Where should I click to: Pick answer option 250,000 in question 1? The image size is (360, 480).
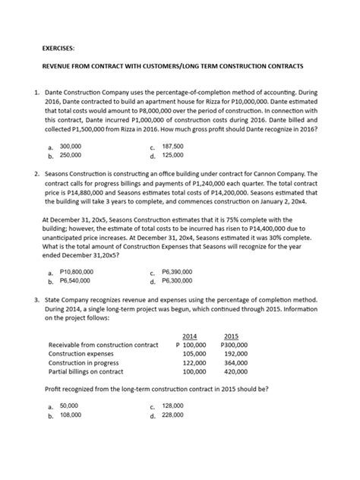[x=71, y=155]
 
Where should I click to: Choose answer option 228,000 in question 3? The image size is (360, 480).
[x=173, y=415]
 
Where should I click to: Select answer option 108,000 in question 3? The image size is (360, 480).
[x=71, y=415]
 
